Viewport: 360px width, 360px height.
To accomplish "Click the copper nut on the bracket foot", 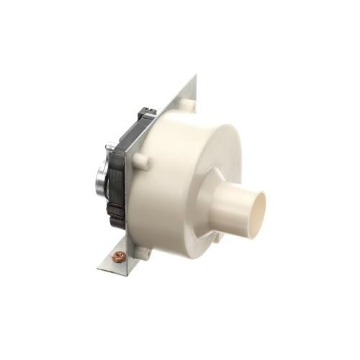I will (120, 256).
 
